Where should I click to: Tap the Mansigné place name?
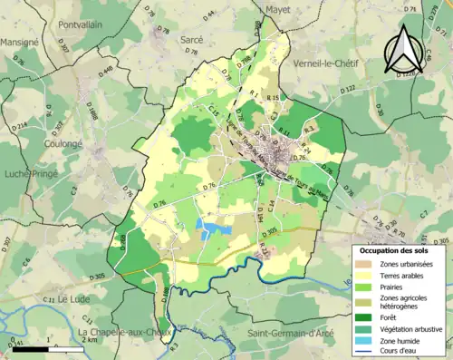[x=19, y=42]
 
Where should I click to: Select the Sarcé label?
[x=192, y=40]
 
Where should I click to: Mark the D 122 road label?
[x=348, y=89]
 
